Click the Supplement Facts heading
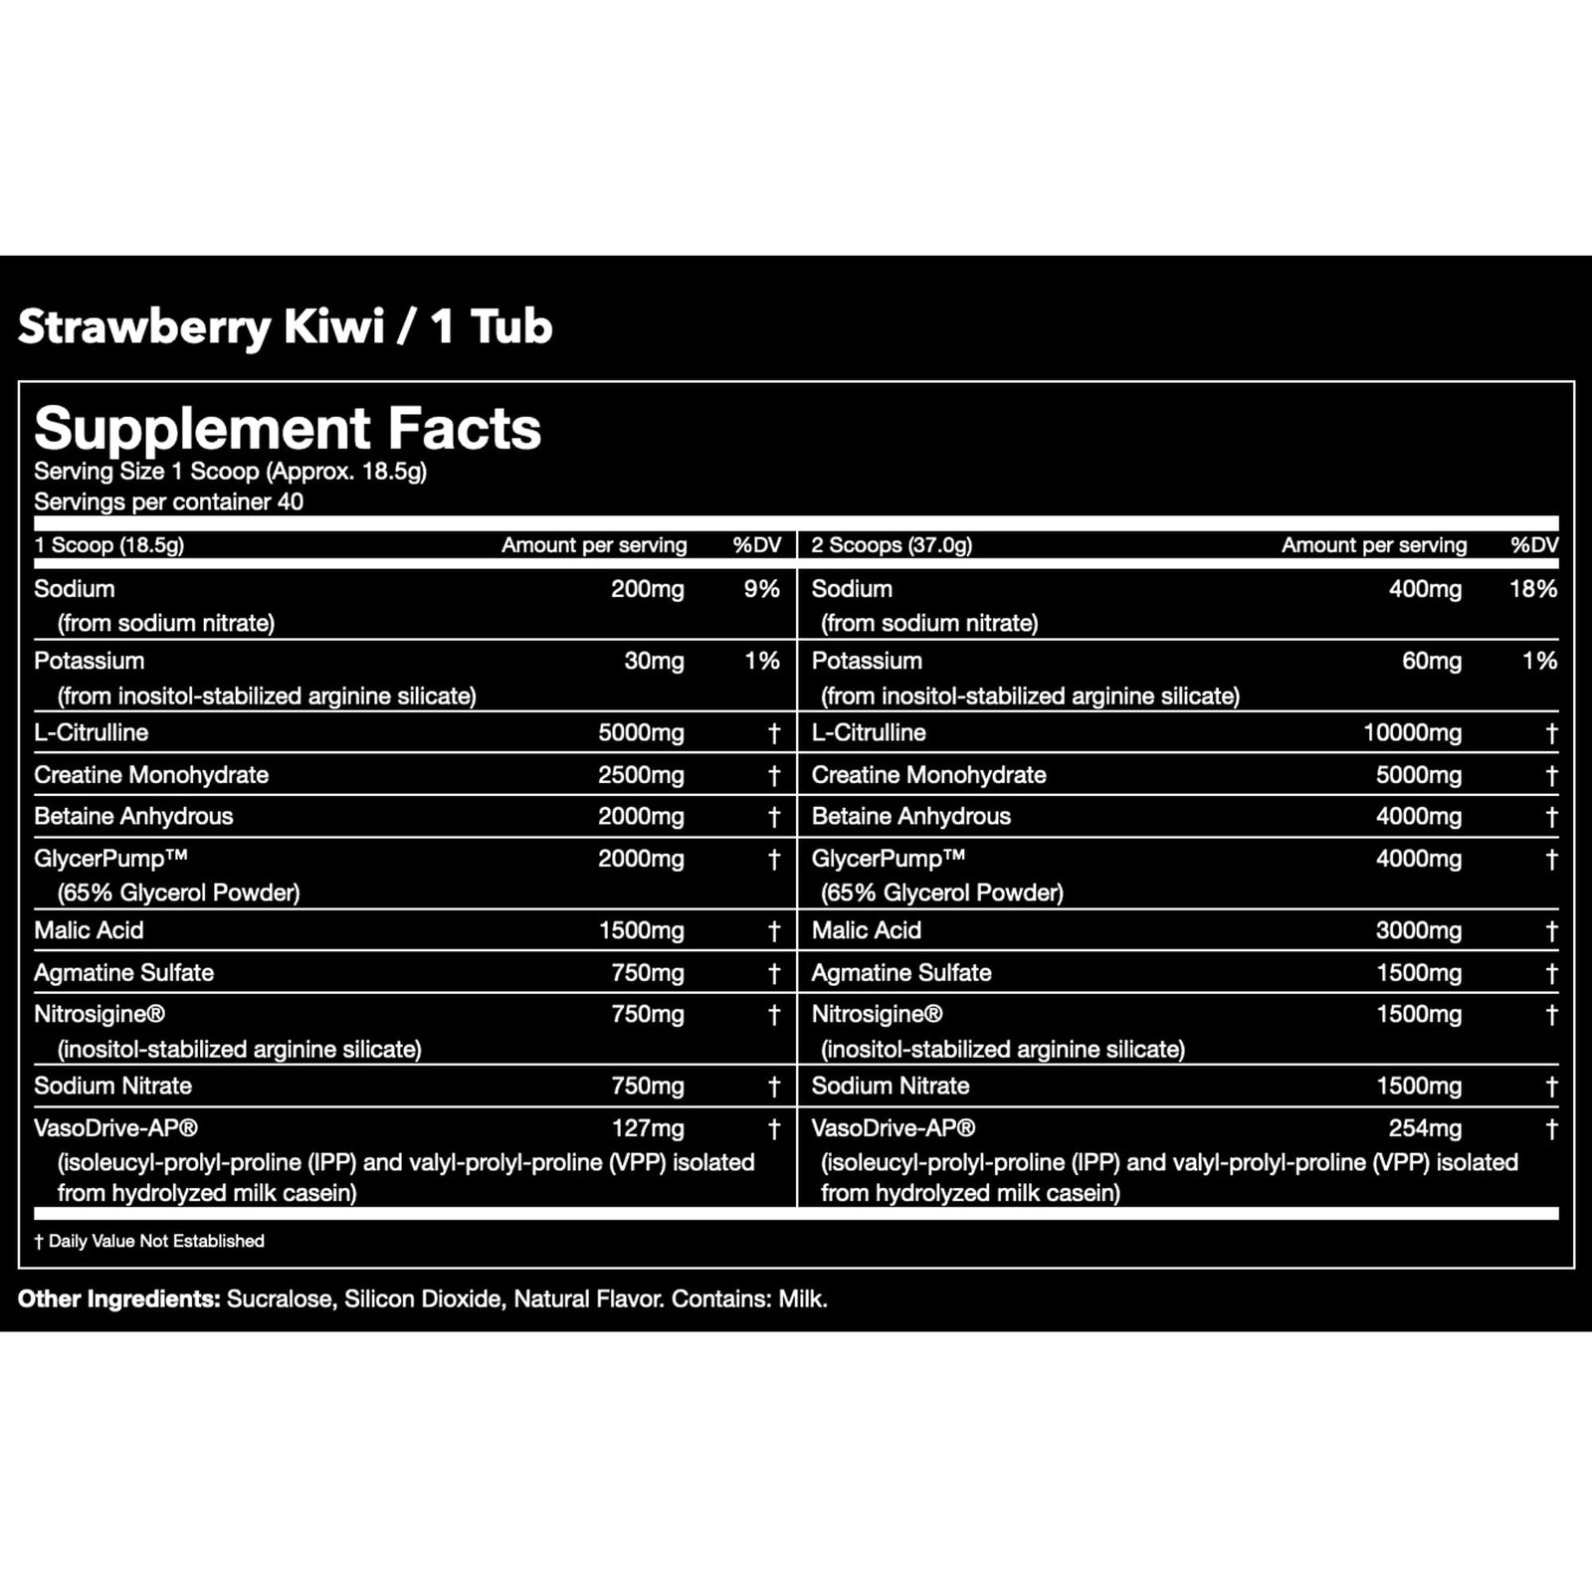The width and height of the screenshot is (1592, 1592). pyautogui.click(x=288, y=429)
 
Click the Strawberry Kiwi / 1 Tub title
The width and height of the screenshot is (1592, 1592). pyautogui.click(x=285, y=326)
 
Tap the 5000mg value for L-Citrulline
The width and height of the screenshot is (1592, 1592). pyautogui.click(x=641, y=733)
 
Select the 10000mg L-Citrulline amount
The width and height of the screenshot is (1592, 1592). pyautogui.click(x=1412, y=733)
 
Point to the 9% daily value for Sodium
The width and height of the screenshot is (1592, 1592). pyautogui.click(x=761, y=589)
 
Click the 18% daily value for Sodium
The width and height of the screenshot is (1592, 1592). pyautogui.click(x=1532, y=589)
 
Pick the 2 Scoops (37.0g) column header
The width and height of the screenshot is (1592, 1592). pyautogui.click(x=892, y=545)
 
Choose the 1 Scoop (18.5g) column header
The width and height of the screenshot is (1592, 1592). pyautogui.click(x=109, y=545)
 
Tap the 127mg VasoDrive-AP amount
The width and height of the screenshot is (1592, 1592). pyautogui.click(x=648, y=1128)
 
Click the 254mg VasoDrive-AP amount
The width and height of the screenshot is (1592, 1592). pyautogui.click(x=1425, y=1128)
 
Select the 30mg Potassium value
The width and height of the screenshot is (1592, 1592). pyautogui.click(x=654, y=661)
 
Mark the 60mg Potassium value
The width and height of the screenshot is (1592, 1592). pyautogui.click(x=1431, y=661)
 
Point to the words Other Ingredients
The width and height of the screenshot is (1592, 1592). pyautogui.click(x=118, y=1298)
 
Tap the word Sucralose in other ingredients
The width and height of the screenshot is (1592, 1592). pyautogui.click(x=280, y=1298)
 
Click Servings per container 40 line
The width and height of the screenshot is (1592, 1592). pyautogui.click(x=168, y=501)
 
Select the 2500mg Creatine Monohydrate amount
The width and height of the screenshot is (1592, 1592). pyautogui.click(x=641, y=775)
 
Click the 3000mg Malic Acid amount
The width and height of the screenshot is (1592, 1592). pyautogui.click(x=1418, y=930)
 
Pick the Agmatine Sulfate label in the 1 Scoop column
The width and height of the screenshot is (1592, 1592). pyautogui.click(x=124, y=972)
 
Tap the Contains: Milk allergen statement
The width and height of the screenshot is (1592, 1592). pyautogui.click(x=749, y=1298)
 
